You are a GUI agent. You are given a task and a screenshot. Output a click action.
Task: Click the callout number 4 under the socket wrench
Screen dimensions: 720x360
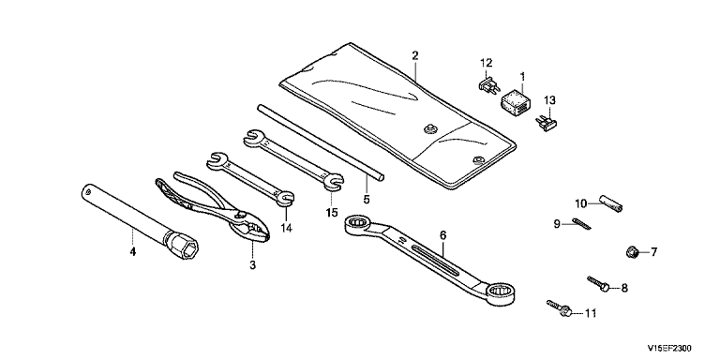tap(133, 251)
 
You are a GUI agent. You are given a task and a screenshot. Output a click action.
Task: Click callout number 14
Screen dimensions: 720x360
tap(287, 227)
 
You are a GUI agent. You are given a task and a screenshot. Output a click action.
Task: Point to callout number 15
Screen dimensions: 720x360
tap(332, 213)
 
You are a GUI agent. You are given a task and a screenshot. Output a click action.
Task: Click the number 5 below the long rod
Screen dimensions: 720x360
tap(367, 200)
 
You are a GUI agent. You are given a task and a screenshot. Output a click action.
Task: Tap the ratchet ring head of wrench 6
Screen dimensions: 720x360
tap(359, 225)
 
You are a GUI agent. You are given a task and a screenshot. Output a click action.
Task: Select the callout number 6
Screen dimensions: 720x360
tap(442, 235)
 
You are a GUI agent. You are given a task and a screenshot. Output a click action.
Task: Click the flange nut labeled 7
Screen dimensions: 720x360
tap(631, 251)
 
